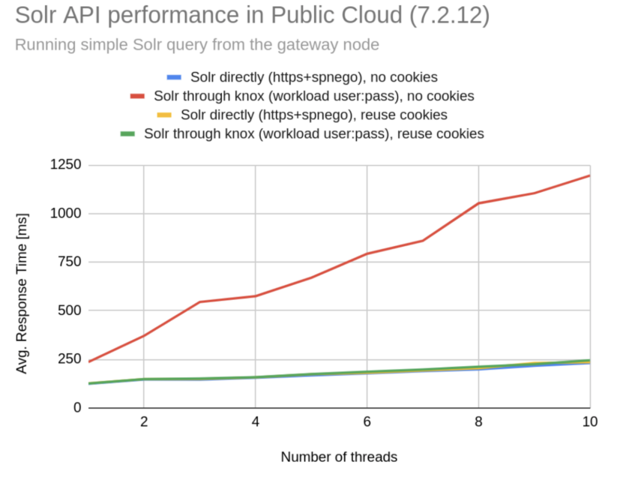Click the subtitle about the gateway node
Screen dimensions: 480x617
coord(197,45)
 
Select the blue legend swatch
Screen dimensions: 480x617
coord(174,77)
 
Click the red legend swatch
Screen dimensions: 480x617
coord(137,96)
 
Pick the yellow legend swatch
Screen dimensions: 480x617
coord(165,115)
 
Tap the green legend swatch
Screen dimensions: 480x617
coord(128,133)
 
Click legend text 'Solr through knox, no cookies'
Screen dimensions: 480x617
coord(313,96)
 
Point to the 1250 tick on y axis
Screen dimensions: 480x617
coord(65,165)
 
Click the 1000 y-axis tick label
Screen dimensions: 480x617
coord(65,214)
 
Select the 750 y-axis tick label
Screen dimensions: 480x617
coord(69,262)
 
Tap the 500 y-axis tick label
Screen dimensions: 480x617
coord(69,310)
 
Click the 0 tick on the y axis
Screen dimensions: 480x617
coord(77,407)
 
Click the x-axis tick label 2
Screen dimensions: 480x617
coord(144,422)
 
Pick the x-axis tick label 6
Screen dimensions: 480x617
coord(367,422)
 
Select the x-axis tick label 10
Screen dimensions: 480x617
coord(589,422)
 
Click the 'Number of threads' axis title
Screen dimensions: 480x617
coord(339,456)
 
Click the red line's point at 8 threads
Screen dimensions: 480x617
coord(478,203)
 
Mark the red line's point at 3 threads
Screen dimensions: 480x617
coord(199,302)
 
